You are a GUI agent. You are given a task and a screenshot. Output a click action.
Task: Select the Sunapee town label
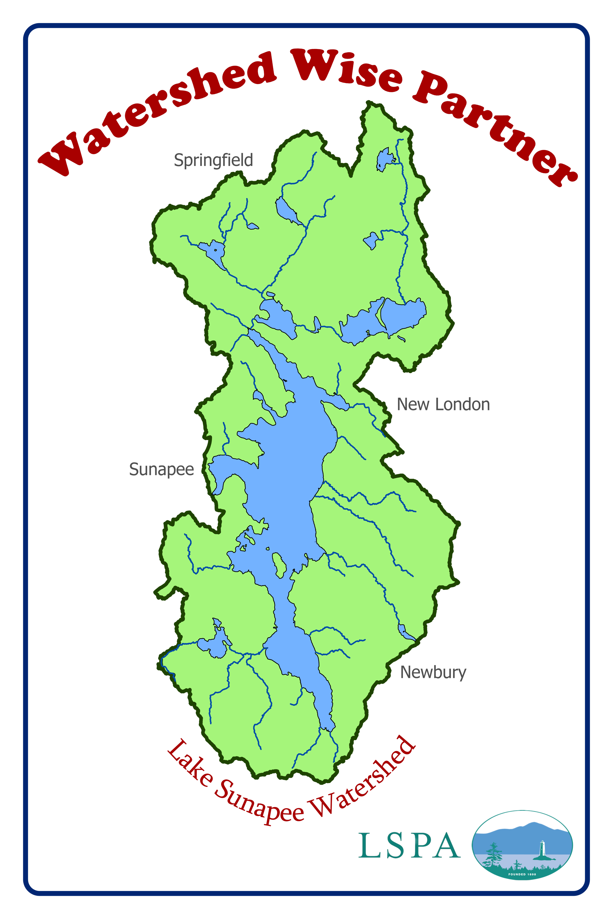pos(161,470)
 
